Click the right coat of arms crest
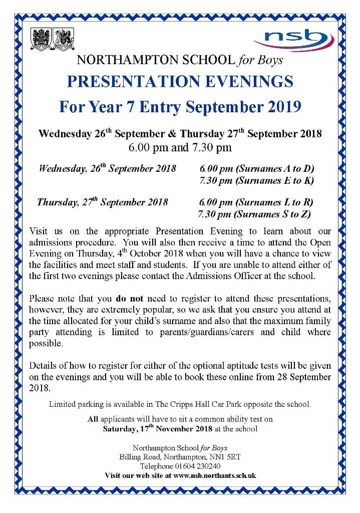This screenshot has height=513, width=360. (64, 39)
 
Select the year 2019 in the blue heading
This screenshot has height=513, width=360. (282, 107)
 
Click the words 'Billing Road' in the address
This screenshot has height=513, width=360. (137, 457)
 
